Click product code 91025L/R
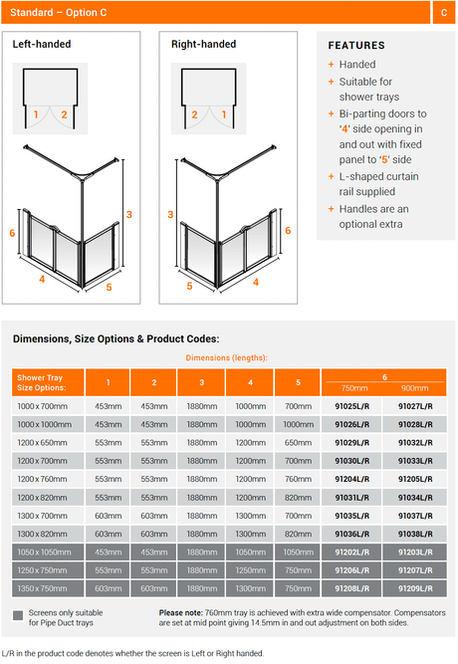352,406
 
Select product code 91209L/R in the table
415,588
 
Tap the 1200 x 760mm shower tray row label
43,480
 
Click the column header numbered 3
202,382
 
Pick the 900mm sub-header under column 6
415,388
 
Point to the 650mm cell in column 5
299,443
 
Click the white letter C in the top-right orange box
444,13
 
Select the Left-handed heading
42,44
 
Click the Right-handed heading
204,44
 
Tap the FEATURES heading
356,46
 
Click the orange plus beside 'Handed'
332,65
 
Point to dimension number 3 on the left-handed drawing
129,215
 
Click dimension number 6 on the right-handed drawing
288,230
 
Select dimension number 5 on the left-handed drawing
109,287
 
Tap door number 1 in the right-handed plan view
224,114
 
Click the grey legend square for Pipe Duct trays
18,615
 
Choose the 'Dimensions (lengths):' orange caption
227,357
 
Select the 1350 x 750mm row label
43,588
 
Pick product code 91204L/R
352,480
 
